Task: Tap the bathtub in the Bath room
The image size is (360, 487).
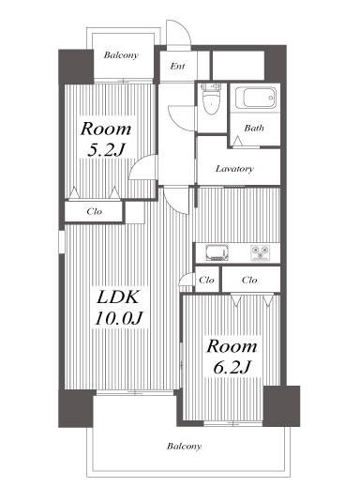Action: point(256,98)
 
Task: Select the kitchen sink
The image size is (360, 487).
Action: point(217,252)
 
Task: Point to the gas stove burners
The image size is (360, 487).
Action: point(260,252)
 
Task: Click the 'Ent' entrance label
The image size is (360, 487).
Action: point(177,66)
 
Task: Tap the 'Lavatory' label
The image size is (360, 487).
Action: point(234,169)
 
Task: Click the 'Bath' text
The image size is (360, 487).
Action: point(254,128)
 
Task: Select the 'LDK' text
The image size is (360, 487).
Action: point(118,297)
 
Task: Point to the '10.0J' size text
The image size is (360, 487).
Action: point(118,318)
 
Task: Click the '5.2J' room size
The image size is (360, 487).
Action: point(105,150)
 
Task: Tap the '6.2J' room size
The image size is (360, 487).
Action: point(232,367)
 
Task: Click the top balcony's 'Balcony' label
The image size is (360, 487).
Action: point(121,55)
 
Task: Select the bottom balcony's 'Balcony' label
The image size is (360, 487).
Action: point(184,446)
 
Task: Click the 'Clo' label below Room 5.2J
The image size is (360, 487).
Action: point(95,212)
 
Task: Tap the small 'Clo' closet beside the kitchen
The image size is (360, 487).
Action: point(206,280)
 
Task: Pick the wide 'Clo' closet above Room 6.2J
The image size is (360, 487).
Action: point(249,280)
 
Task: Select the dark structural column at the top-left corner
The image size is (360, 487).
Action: point(76,67)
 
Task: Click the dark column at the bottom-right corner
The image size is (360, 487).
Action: point(281,406)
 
